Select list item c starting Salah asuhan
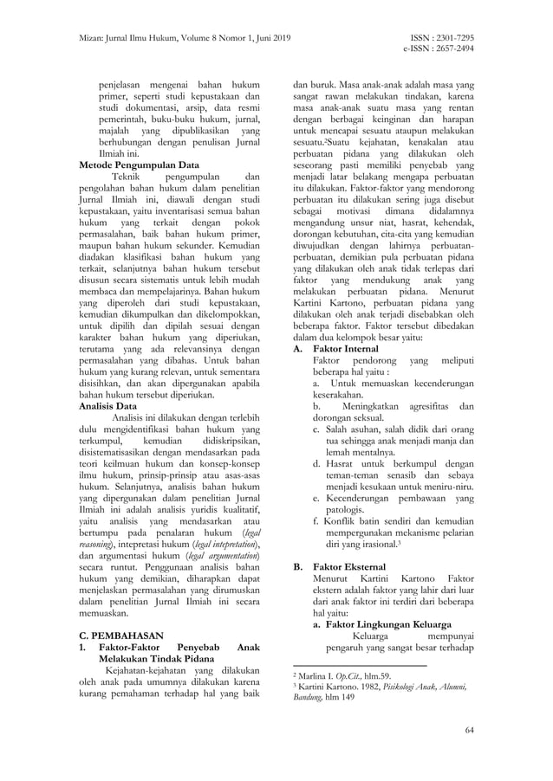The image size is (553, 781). pyautogui.click(x=394, y=429)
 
